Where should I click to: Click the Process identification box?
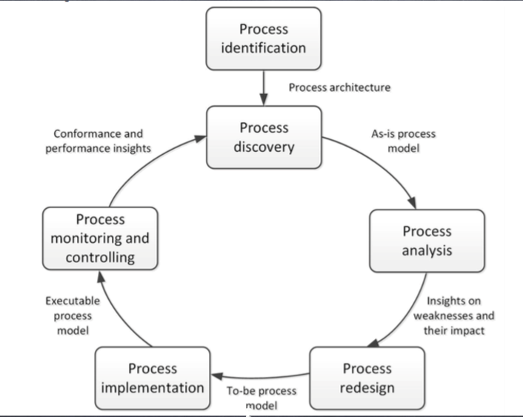click(x=263, y=39)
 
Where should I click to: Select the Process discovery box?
click(x=264, y=137)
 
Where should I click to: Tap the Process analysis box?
click(x=427, y=241)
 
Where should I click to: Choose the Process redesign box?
click(x=367, y=378)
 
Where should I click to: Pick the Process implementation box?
click(x=153, y=378)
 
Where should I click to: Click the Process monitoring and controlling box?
click(x=100, y=238)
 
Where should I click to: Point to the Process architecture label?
click(x=339, y=87)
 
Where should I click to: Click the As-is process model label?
click(x=403, y=141)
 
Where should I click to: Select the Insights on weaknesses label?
click(x=453, y=316)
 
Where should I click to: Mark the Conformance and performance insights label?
click(x=98, y=141)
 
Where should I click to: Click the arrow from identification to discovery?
click(x=264, y=88)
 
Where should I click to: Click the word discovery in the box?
click(x=264, y=147)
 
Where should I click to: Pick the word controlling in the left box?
click(x=100, y=258)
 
